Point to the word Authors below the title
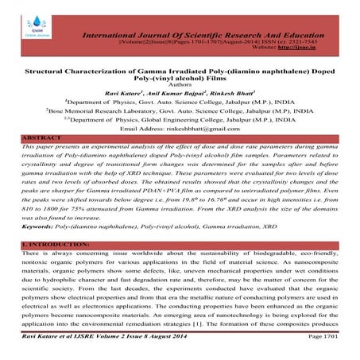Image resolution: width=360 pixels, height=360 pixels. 180,90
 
